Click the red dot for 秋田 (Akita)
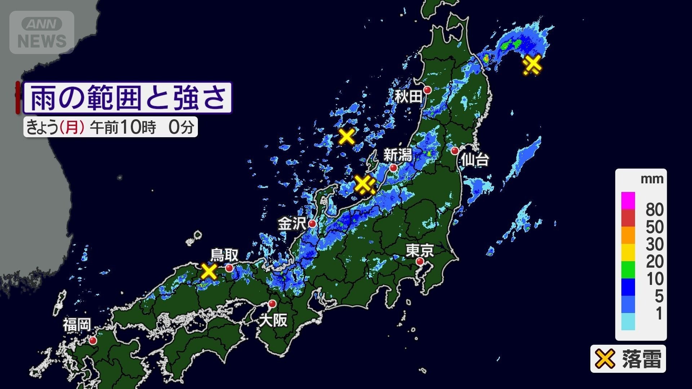pos(427,90)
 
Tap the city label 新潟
pos(397,155)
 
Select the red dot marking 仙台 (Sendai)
pos(455,151)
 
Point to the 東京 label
pos(420,250)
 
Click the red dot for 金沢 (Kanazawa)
pos(312,224)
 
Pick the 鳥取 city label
pos(224,255)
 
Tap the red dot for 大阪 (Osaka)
pos(272,303)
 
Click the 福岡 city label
pos(77,325)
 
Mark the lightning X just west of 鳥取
pos(209,271)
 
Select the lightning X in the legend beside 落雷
pos(604,359)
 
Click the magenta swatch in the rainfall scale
pos(628,201)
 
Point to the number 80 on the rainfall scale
pos(655,209)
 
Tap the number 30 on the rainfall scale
pos(655,244)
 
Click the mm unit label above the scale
pos(652,179)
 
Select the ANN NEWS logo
pos(42,32)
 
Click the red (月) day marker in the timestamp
pos(72,127)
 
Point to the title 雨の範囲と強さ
pos(128,98)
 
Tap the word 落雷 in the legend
pos(642,359)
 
